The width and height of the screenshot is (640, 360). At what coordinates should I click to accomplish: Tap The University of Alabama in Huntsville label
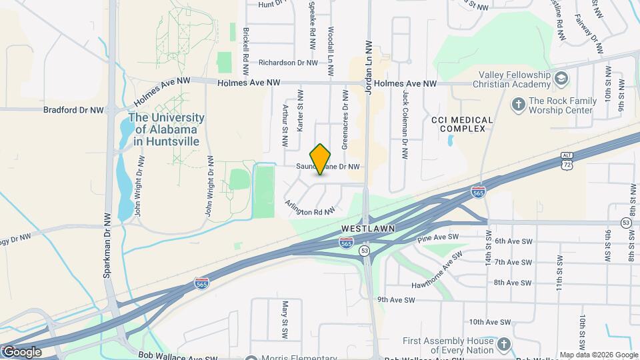pyautogui.click(x=167, y=129)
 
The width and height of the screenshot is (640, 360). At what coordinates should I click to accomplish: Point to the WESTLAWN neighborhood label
pyautogui.click(x=368, y=228)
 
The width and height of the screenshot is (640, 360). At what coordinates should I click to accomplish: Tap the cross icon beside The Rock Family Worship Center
pyautogui.click(x=518, y=104)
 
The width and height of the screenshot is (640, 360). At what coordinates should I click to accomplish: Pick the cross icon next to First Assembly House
pyautogui.click(x=503, y=345)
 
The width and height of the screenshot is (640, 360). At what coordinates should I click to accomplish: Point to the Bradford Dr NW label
pyautogui.click(x=73, y=109)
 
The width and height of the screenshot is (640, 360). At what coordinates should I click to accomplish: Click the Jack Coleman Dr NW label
pyautogui.click(x=405, y=124)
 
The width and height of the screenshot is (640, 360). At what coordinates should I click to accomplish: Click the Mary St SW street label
pyautogui.click(x=285, y=318)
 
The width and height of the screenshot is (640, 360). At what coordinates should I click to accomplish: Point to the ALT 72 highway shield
pyautogui.click(x=566, y=159)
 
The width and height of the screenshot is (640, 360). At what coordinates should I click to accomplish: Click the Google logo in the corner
pyautogui.click(x=21, y=351)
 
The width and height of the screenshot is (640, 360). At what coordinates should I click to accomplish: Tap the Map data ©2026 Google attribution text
pyautogui.click(x=598, y=355)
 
